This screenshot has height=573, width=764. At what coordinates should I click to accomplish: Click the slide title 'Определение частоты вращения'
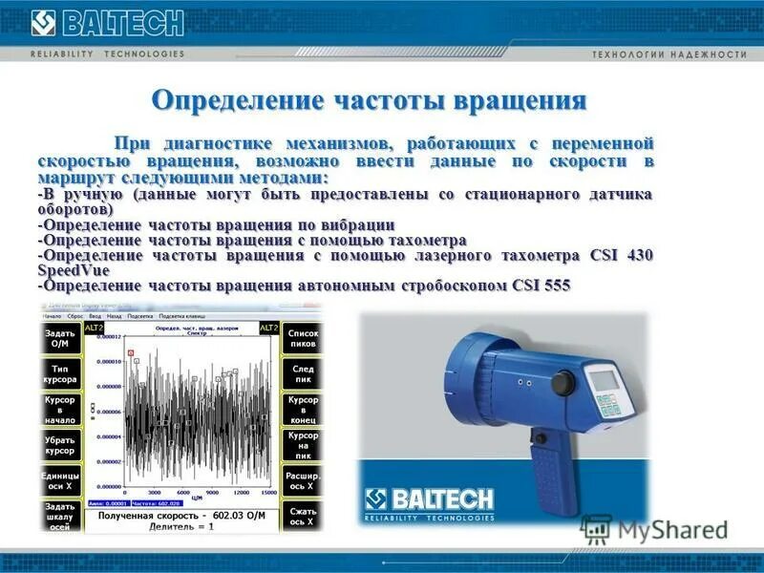(369, 100)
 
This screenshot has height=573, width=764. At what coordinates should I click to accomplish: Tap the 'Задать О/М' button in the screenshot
(60, 338)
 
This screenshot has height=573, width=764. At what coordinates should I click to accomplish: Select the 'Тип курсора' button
(60, 373)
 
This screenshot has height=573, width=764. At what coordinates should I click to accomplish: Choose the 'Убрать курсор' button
(60, 445)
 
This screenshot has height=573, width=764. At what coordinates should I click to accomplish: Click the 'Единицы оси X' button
(60, 480)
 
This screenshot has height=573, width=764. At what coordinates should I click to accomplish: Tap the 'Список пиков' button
(303, 338)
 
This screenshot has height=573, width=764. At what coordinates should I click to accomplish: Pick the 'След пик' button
(303, 373)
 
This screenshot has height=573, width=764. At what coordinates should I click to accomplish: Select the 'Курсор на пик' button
(303, 445)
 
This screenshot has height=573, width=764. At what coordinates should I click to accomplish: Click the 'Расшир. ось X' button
(303, 480)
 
